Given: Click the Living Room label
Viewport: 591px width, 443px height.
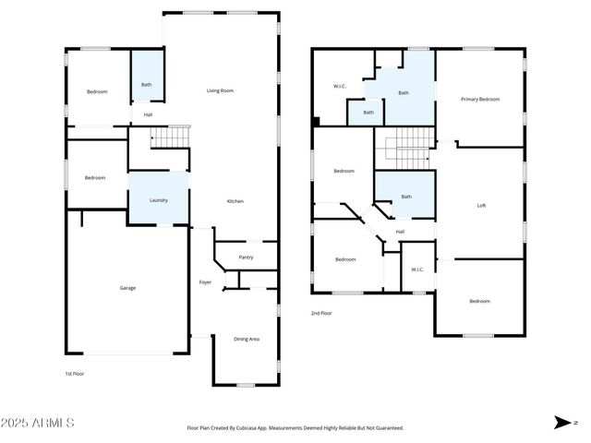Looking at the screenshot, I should click(219, 90).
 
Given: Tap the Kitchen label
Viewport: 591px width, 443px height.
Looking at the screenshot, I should click(235, 201).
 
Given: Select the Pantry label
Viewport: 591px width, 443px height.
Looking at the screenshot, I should click(246, 257).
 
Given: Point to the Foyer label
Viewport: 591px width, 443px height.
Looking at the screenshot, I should click(205, 281).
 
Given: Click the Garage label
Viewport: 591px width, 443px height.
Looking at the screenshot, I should click(127, 288).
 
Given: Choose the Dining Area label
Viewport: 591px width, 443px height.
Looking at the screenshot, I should click(246, 339).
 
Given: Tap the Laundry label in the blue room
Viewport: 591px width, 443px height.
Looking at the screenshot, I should click(159, 199).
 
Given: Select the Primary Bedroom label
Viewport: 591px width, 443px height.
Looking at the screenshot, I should click(480, 99).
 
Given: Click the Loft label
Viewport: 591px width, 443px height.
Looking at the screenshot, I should click(480, 205).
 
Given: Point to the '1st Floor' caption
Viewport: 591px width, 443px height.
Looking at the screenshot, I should click(74, 375).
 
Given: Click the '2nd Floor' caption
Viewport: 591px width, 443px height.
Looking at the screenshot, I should click(322, 313).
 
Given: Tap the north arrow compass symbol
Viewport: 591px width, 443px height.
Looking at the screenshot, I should click(561, 423).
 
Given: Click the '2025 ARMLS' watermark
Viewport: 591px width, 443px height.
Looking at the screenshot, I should click(39, 423).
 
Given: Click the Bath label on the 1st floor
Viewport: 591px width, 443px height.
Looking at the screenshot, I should click(146, 85).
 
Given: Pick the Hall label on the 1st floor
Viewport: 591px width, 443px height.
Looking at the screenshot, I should click(148, 114).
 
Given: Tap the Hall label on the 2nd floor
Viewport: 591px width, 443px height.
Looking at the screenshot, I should click(400, 232).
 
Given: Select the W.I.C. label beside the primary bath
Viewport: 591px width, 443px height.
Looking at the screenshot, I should click(339, 87).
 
